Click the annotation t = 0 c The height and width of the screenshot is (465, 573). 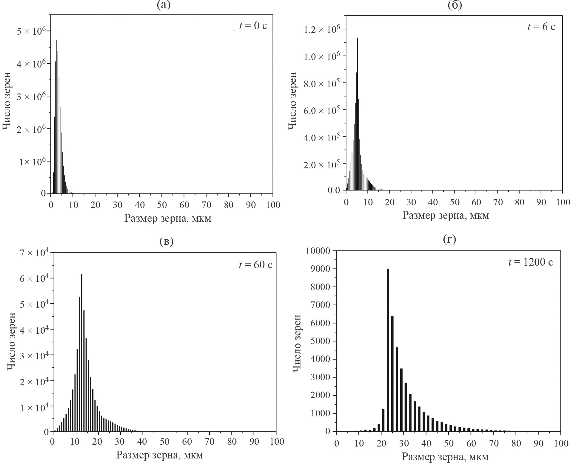tap(253, 26)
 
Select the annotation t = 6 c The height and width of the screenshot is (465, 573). tap(541, 27)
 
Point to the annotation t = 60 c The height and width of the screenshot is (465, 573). tap(255, 265)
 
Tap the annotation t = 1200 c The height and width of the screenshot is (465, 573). tap(531, 262)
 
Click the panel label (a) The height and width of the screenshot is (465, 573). tap(164, 5)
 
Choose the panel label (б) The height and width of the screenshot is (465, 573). tap(455, 5)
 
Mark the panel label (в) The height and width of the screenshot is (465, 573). tap(167, 241)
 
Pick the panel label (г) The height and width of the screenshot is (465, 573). tap(449, 239)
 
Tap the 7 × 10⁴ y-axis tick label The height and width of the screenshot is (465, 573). tap(33, 253)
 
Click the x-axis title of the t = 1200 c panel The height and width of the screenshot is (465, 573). tap(445, 457)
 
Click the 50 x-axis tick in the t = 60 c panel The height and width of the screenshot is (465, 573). tap(165, 441)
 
